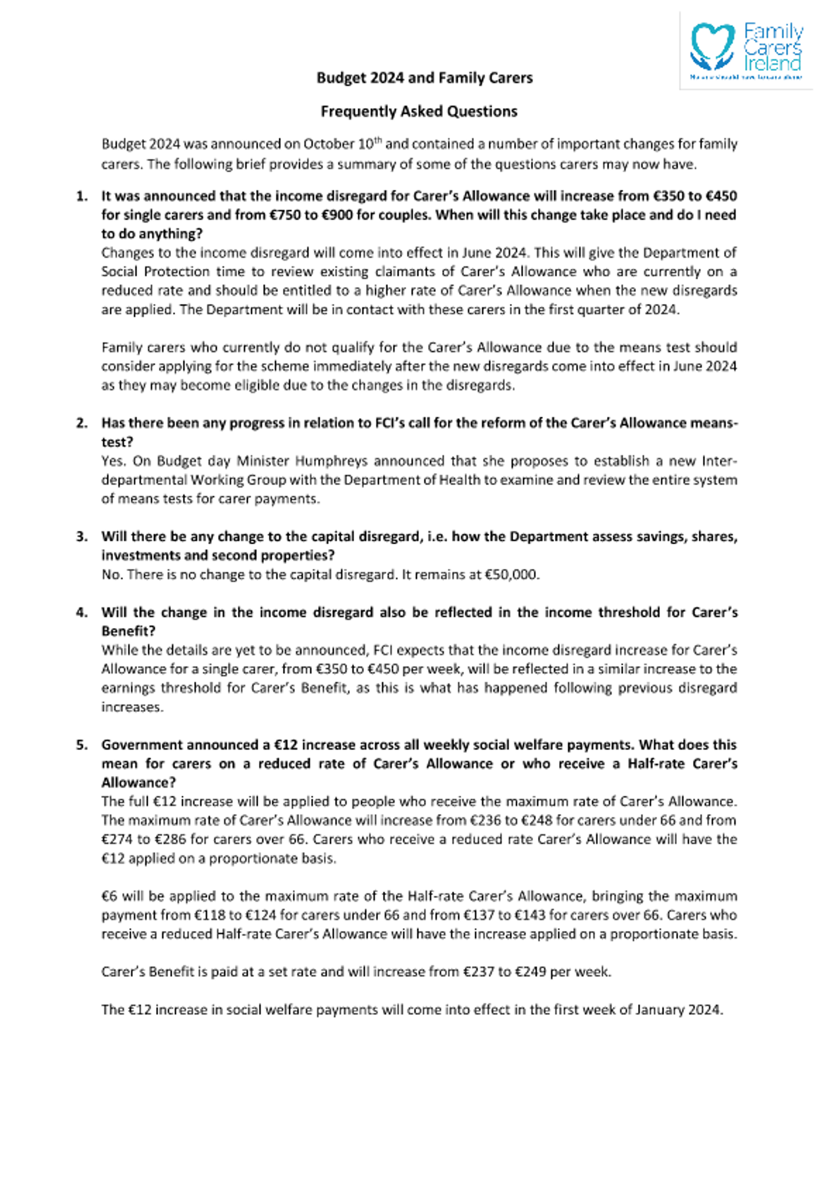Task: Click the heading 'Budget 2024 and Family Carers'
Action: pyautogui.click(x=424, y=78)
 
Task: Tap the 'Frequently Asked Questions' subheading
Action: pyautogui.click(x=419, y=112)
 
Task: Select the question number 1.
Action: pyautogui.click(x=82, y=196)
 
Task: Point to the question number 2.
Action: pyautogui.click(x=82, y=423)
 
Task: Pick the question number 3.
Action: pyautogui.click(x=82, y=536)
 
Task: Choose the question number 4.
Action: pyautogui.click(x=82, y=612)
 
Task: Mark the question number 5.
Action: pyautogui.click(x=82, y=745)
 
